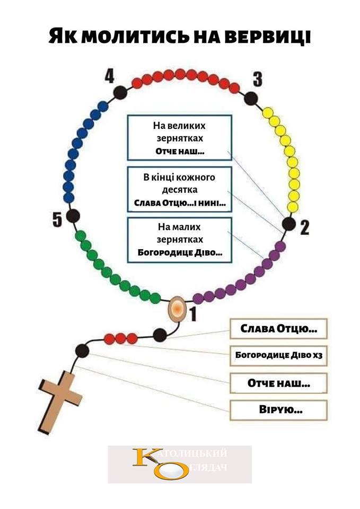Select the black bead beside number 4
point(121,92)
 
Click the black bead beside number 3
point(252,98)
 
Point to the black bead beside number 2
point(289,224)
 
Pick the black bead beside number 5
point(73,217)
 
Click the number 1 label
point(194,314)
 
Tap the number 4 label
point(109,77)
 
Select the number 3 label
point(257,80)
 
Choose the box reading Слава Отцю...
point(278,329)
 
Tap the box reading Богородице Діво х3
point(278,356)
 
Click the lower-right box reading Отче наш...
point(278,382)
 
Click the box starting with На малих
point(179,240)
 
